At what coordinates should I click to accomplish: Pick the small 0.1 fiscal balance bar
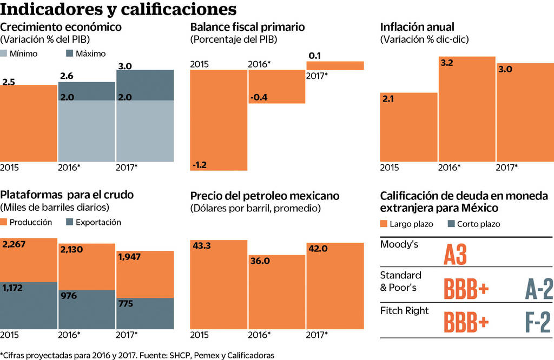[335, 65]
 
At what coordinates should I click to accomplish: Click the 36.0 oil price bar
[277, 292]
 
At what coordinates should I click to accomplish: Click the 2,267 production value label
[14, 245]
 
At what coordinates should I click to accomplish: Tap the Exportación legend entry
[93, 222]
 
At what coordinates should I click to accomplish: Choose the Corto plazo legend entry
[472, 224]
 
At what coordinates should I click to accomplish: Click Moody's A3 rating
[454, 254]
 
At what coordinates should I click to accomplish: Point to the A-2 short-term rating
[539, 289]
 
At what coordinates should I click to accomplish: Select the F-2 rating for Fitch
[539, 323]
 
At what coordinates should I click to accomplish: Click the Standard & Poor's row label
[400, 281]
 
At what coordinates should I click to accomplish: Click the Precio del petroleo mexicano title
[265, 196]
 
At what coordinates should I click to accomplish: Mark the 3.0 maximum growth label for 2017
[126, 66]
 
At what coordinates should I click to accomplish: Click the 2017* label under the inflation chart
[506, 167]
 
